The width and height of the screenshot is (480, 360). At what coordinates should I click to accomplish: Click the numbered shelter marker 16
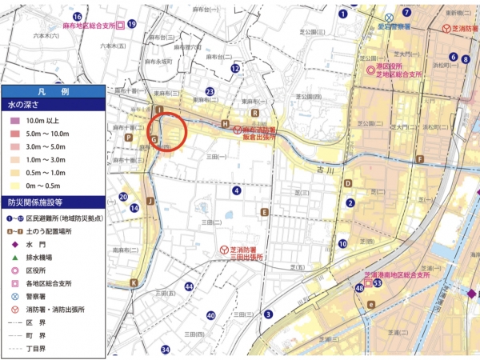[x=78, y=16]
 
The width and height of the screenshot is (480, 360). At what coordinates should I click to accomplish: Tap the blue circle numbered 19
[x=131, y=25]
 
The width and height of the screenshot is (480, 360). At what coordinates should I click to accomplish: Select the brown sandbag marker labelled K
[x=134, y=282]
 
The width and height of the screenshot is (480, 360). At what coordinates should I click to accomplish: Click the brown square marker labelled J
[x=149, y=201]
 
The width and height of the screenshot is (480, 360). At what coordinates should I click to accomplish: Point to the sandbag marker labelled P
[x=128, y=137]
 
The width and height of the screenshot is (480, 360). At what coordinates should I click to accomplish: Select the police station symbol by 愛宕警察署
[x=389, y=17]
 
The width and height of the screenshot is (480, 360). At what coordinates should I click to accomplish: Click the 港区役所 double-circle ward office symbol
[x=370, y=70]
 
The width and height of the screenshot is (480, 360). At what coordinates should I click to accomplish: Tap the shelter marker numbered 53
[x=377, y=283]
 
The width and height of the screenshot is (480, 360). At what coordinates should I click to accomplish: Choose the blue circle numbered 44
[x=189, y=286]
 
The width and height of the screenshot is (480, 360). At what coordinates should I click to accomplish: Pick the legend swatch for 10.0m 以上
[x=12, y=120]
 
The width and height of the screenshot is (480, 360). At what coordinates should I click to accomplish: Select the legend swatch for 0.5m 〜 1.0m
[x=12, y=171]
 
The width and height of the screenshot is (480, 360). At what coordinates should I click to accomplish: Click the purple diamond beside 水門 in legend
[x=14, y=244]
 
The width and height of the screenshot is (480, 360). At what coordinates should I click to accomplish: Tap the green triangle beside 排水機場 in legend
[x=14, y=258]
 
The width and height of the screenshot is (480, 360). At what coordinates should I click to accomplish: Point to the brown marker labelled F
[x=419, y=159]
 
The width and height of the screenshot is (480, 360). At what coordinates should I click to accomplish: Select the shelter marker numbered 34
[x=166, y=350]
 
